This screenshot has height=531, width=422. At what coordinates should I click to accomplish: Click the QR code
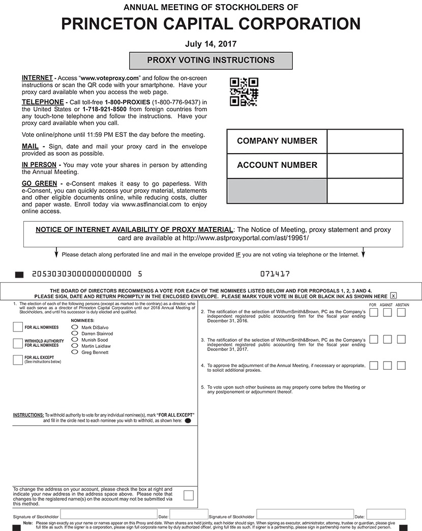coord(244,92)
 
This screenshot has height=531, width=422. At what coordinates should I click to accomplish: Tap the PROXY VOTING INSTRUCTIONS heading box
coord(211,61)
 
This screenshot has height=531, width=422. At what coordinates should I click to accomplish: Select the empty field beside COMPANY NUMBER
coord(365,141)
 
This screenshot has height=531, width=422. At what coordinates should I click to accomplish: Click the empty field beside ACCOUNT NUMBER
coord(365,165)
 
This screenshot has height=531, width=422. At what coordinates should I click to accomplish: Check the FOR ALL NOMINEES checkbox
coord(18,327)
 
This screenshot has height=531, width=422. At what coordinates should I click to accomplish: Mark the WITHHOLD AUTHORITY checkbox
coord(18,343)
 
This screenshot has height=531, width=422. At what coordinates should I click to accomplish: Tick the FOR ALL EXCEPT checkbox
coord(18,360)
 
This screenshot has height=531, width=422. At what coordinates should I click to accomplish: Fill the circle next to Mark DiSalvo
coord(75,327)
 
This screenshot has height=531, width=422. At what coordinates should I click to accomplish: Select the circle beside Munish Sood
coord(75,340)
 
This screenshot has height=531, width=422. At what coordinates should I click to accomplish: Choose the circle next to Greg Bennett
coord(75,352)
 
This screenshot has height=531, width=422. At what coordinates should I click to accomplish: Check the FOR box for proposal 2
coord(374,313)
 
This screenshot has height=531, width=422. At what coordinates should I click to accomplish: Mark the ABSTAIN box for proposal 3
coord(401,339)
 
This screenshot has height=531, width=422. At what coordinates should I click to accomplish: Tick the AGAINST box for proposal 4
coord(387,366)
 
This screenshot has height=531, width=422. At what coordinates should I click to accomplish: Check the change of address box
coord(189,495)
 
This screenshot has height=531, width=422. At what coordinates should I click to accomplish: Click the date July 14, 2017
coord(211,44)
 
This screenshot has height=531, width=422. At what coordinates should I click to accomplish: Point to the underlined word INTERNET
coord(37,78)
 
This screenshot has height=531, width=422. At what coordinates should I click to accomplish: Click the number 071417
coord(275,274)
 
